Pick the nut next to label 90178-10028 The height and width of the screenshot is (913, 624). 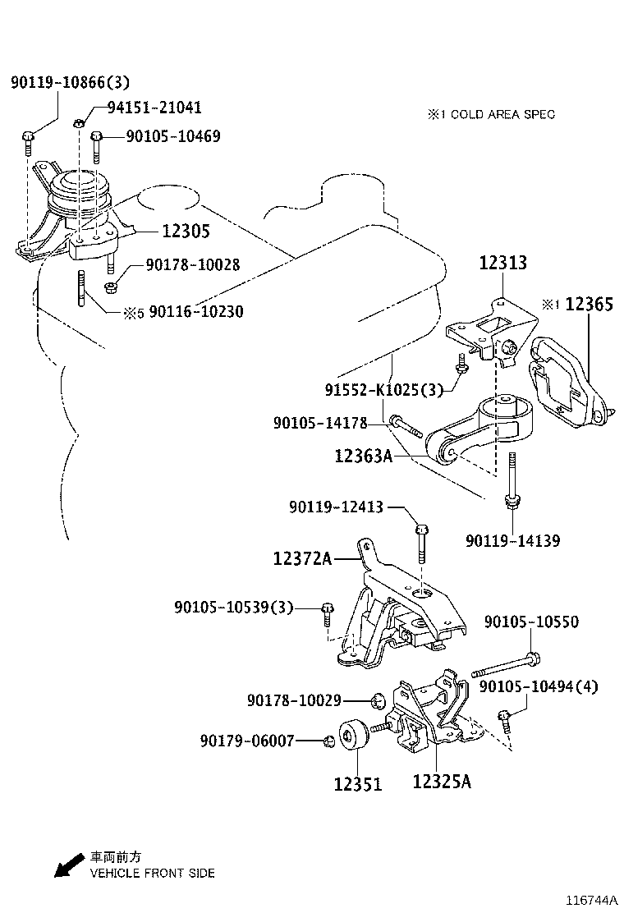(x=114, y=287)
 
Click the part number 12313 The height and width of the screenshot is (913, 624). (x=502, y=263)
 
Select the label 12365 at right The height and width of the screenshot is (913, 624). (x=589, y=305)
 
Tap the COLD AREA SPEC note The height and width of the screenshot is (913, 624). (x=490, y=114)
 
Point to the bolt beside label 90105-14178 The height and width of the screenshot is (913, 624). (x=405, y=424)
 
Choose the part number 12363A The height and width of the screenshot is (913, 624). (x=363, y=454)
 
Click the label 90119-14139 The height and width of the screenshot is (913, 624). (x=512, y=541)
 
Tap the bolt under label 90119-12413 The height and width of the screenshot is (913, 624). (x=420, y=539)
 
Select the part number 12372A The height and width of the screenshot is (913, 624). (x=302, y=559)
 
